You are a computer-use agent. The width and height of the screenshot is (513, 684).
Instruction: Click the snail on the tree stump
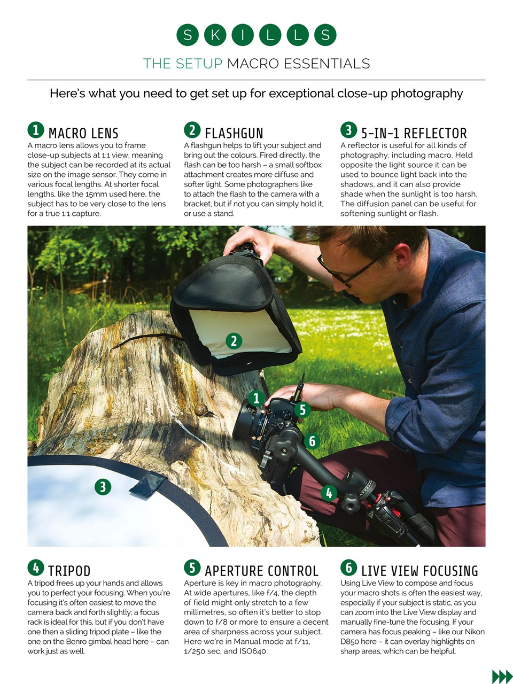(x=202, y=410)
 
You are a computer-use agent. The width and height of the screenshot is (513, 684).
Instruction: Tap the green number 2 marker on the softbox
(x=234, y=341)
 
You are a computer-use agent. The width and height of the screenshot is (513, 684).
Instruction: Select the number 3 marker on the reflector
(x=103, y=486)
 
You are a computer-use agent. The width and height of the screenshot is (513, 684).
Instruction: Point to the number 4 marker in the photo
(x=329, y=493)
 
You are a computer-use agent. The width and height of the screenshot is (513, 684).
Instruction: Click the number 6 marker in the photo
(x=312, y=441)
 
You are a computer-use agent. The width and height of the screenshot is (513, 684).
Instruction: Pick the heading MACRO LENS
(x=83, y=133)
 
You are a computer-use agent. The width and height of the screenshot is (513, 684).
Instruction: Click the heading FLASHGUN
(x=234, y=133)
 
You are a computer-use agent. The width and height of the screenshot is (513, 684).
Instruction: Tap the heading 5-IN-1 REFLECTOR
(x=414, y=133)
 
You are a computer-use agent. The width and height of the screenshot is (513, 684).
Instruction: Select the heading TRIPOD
(x=69, y=571)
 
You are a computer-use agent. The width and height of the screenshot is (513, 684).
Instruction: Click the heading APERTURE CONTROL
(x=261, y=571)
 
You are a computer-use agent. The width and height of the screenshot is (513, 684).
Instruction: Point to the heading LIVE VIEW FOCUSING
(x=419, y=571)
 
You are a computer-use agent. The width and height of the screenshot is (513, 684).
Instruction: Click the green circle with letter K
(x=215, y=35)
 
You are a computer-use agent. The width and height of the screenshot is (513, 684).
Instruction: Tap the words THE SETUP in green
(x=183, y=64)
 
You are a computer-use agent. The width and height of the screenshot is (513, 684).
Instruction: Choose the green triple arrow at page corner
(x=501, y=677)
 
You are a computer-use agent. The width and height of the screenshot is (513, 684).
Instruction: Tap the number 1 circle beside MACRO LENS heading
(x=35, y=130)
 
